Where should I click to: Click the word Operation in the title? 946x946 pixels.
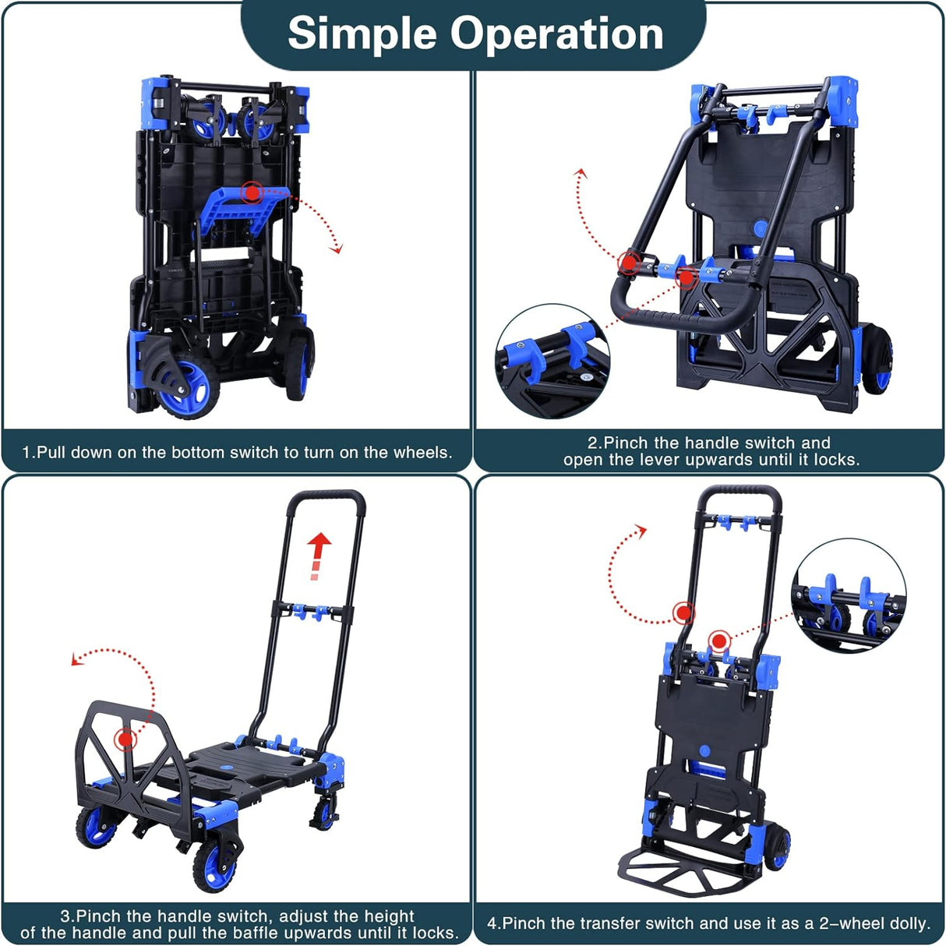tap(556, 34)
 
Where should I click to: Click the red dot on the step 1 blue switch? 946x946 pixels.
tap(252, 192)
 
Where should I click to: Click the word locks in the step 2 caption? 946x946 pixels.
tap(832, 460)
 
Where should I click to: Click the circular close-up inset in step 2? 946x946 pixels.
tap(552, 362)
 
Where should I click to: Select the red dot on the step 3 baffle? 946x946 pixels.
tap(124, 739)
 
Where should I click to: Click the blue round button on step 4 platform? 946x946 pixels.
tap(704, 750)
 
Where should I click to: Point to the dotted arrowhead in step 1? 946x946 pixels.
tap(337, 249)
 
